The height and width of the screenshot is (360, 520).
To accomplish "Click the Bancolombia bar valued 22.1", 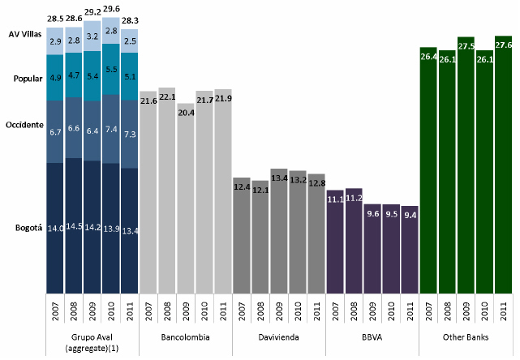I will pos(167,190).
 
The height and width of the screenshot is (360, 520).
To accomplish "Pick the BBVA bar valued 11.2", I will pos(354,240).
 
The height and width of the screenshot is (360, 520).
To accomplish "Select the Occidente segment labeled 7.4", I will pos(111,129).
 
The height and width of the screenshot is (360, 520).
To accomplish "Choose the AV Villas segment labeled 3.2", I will pos(92,36).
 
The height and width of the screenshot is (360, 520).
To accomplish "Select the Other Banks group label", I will pos(466,336).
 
